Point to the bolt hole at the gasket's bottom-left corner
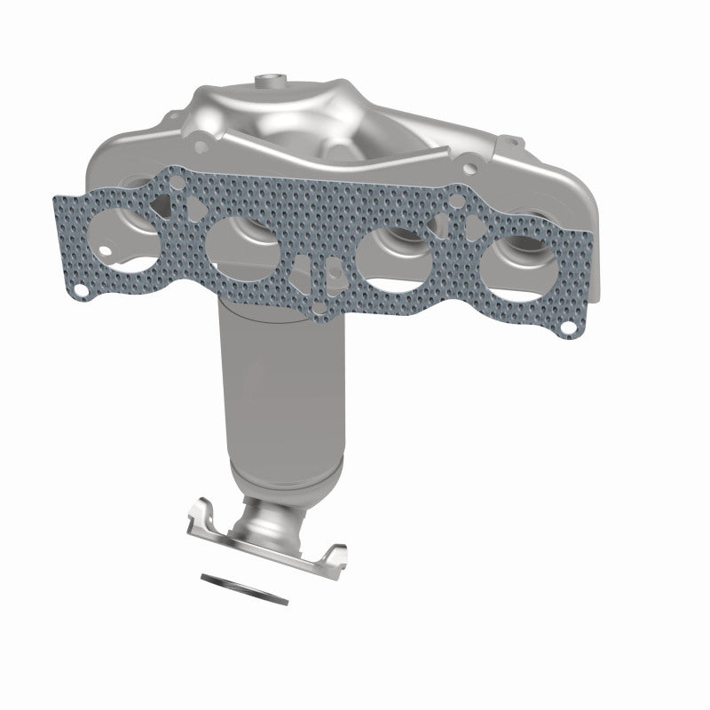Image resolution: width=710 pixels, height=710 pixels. tap(81, 290)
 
